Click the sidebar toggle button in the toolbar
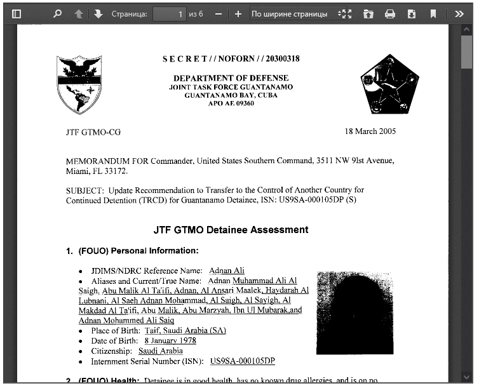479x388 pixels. pos(17,13)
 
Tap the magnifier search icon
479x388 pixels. pos(57,13)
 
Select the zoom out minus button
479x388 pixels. pos(219,13)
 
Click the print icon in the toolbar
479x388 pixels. pos(390,13)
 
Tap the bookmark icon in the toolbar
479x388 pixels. pos(433,13)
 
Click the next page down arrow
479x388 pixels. pos(98,13)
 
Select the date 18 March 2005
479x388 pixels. pos(370,131)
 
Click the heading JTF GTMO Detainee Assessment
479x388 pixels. pos(231,230)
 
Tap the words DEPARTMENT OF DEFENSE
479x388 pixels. pos(231,78)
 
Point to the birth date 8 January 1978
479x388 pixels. pos(153,341)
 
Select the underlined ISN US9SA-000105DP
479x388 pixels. pos(242,361)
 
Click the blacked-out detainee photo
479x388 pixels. pos(354,312)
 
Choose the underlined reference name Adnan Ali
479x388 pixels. pos(226,271)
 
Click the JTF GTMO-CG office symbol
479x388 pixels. pos(93,132)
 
